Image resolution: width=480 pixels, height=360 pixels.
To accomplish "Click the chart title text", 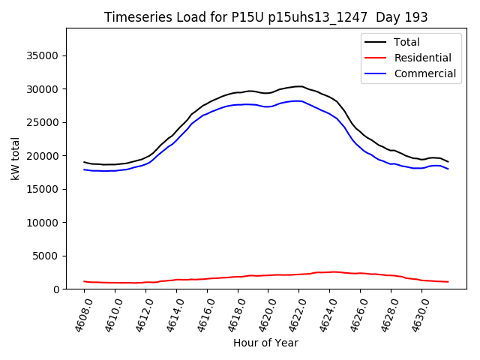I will (x=266, y=16).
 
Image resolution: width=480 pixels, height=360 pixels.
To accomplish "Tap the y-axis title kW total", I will (x=15, y=158).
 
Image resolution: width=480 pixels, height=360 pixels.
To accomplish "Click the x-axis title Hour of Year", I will (x=265, y=343).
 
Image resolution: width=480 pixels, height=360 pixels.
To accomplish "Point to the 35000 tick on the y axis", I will (x=43, y=55).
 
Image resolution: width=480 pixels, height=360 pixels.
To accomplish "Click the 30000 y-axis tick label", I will (x=43, y=89).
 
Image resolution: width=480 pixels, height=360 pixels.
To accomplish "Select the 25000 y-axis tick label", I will (x=43, y=122).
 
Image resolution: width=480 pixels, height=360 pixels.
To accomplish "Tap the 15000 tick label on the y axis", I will (x=43, y=189).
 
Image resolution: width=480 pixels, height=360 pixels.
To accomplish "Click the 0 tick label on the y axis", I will (x=56, y=289).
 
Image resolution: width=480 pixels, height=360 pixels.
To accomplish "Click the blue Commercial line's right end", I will (x=448, y=169).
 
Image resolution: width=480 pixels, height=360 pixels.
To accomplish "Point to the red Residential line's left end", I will (x=84, y=281).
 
